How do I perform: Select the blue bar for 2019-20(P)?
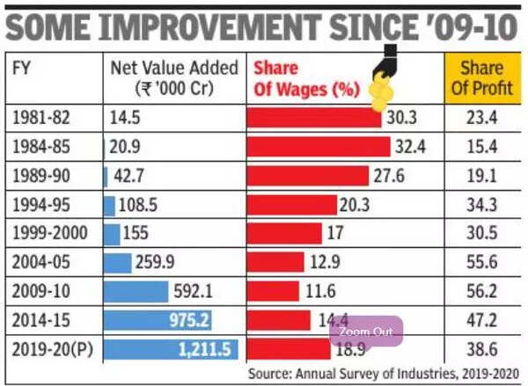(x=171, y=349)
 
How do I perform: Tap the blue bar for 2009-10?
(x=136, y=291)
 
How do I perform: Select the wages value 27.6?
(x=388, y=176)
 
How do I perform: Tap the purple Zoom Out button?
(x=366, y=332)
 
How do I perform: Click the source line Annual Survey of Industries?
(x=387, y=373)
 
